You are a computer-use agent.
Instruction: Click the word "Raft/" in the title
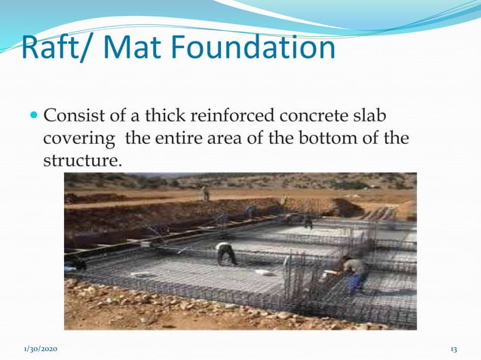coord(55,48)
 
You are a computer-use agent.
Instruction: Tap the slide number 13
coord(453,349)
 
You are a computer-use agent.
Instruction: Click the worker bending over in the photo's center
coord(225,253)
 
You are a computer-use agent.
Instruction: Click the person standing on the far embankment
coord(205,194)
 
